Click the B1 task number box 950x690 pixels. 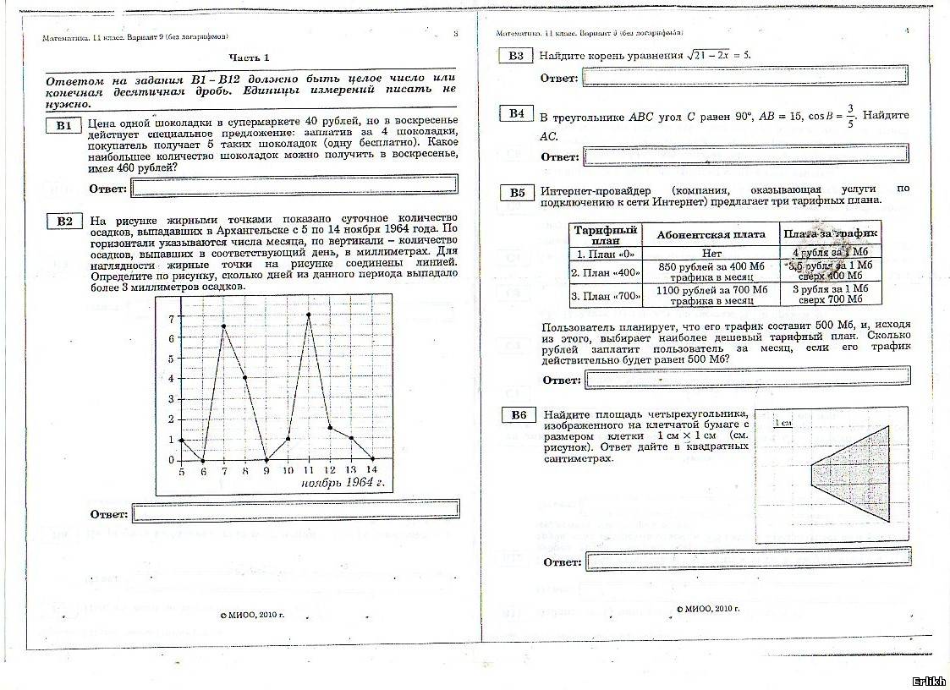[64, 126]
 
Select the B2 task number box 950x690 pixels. [64, 222]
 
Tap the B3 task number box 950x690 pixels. [516, 56]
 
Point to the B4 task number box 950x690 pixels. [516, 114]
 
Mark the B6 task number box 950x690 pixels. [518, 414]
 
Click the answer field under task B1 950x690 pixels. [294, 184]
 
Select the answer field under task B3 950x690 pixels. [745, 78]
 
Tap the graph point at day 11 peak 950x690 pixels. [309, 315]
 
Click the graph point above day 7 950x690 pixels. [223, 326]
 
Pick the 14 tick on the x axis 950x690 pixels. [372, 470]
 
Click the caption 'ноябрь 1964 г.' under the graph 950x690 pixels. [343, 483]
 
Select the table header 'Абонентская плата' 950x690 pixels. [711, 234]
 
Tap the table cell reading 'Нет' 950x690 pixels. [711, 253]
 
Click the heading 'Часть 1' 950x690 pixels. [251, 57]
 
